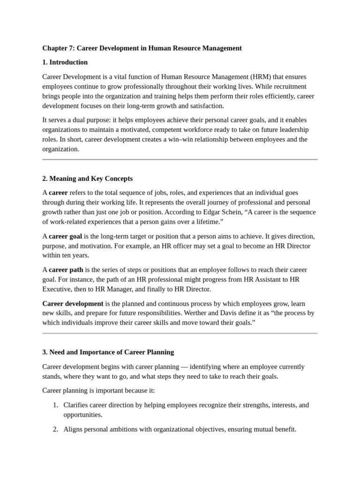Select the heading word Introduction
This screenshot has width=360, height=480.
pyautogui.click(x=68, y=62)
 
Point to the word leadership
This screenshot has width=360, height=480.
pyautogui.click(x=292, y=129)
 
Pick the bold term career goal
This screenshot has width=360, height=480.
pyautogui.click(x=66, y=236)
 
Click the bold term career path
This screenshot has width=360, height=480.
pyautogui.click(x=65, y=270)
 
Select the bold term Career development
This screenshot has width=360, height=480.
pyautogui.click(x=73, y=303)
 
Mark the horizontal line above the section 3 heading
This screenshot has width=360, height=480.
pyautogui.click(x=180, y=333)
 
